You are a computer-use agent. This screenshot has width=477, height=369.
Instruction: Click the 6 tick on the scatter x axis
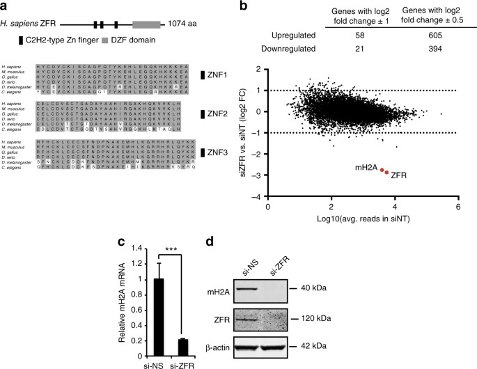pyautogui.click(x=458, y=207)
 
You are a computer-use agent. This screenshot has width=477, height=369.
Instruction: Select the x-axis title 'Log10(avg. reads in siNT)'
pyautogui.click(x=363, y=221)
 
